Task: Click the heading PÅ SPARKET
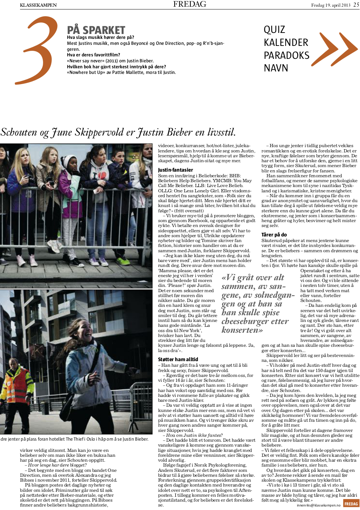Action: coord(96,30)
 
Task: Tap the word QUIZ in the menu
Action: coord(274,29)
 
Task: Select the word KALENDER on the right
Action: coord(286,42)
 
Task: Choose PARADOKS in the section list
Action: coord(286,55)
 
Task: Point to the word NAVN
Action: coord(276,68)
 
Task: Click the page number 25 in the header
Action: coord(356,5)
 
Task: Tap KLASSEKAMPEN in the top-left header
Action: coord(38,5)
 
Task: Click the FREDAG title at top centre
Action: coord(190,4)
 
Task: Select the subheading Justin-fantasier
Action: coord(175,170)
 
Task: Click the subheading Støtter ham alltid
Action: coord(178,359)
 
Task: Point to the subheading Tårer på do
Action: coord(274,235)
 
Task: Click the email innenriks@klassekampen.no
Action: coord(319,505)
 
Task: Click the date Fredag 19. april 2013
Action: coord(331,5)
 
